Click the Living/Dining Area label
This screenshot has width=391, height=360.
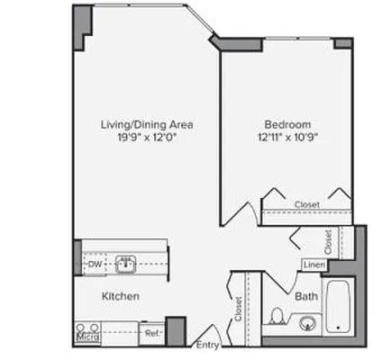tap(148, 124)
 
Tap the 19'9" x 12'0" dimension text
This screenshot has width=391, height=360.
tap(148, 138)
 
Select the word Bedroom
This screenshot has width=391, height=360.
tap(288, 124)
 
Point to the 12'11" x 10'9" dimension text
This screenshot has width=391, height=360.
tap(288, 138)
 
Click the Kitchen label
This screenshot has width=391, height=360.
tap(120, 296)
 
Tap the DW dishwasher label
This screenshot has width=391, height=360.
tap(94, 265)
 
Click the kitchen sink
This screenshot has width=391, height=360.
tap(125, 265)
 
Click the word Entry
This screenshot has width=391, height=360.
tap(207, 345)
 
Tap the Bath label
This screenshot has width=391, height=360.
tap(305, 295)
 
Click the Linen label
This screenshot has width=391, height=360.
tap(314, 265)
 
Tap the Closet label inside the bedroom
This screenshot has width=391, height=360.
tap(306, 205)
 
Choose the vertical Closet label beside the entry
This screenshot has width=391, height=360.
tap(238, 310)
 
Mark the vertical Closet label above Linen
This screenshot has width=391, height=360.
tap(329, 240)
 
